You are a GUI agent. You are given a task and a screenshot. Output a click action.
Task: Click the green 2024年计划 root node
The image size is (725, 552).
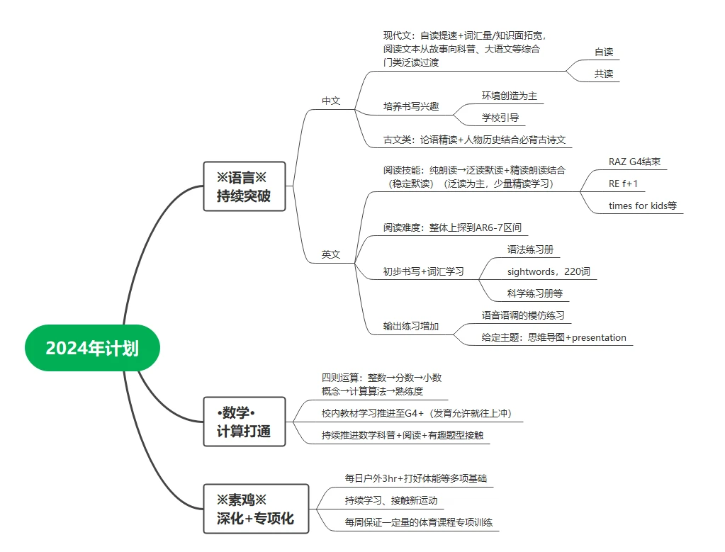[x=92, y=348]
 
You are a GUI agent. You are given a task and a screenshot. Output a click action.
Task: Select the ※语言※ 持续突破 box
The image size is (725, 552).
[x=244, y=186]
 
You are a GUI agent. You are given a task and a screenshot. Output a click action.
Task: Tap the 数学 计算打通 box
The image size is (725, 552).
[x=244, y=422]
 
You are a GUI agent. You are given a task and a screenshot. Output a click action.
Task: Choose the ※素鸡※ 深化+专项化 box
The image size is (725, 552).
[x=256, y=509]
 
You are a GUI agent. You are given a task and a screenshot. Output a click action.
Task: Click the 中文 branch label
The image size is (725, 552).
[x=331, y=101]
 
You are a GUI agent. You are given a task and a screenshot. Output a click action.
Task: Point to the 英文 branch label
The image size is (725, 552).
[x=331, y=254]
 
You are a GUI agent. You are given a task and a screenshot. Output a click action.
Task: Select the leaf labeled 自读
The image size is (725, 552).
[x=604, y=52]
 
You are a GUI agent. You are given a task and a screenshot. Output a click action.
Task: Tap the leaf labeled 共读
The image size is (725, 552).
[x=604, y=74]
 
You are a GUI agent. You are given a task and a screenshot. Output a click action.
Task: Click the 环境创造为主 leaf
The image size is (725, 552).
[x=510, y=96]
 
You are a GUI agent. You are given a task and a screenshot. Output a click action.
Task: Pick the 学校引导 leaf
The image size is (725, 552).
[x=500, y=118]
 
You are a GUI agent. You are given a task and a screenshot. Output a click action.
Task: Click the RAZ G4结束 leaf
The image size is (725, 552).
[x=634, y=162]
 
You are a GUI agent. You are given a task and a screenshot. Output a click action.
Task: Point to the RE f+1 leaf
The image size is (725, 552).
[x=623, y=184]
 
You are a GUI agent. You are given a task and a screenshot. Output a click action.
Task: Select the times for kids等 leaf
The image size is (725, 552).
[x=643, y=205]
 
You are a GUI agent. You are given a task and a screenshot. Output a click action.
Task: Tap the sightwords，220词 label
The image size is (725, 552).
[x=549, y=271]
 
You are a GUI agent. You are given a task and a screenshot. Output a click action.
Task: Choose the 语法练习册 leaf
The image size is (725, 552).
[x=530, y=249]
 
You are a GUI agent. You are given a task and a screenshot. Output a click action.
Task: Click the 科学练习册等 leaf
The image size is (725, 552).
[x=535, y=293]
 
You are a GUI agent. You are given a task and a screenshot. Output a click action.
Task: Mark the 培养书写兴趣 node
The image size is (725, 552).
[x=411, y=106]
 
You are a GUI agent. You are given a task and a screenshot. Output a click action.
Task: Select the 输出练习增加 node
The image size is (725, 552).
[x=411, y=326]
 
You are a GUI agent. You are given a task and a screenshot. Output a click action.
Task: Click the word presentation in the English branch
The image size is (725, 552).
[x=600, y=337]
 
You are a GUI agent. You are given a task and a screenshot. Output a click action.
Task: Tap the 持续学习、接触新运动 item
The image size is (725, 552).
[x=391, y=500]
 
